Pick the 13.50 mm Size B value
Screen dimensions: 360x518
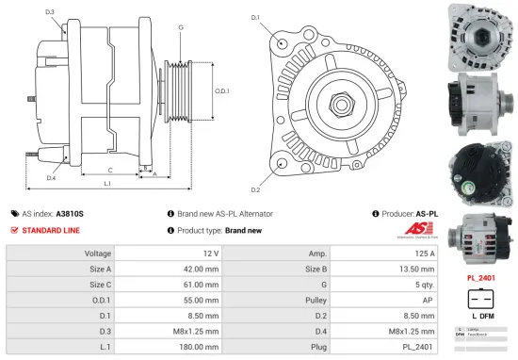[414, 270]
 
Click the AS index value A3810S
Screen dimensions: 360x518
[70, 214]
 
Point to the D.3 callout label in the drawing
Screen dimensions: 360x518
[49, 12]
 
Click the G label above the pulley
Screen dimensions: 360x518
[180, 27]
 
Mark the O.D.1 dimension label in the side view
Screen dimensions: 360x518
[222, 90]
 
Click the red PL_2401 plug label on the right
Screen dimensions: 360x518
[481, 279]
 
